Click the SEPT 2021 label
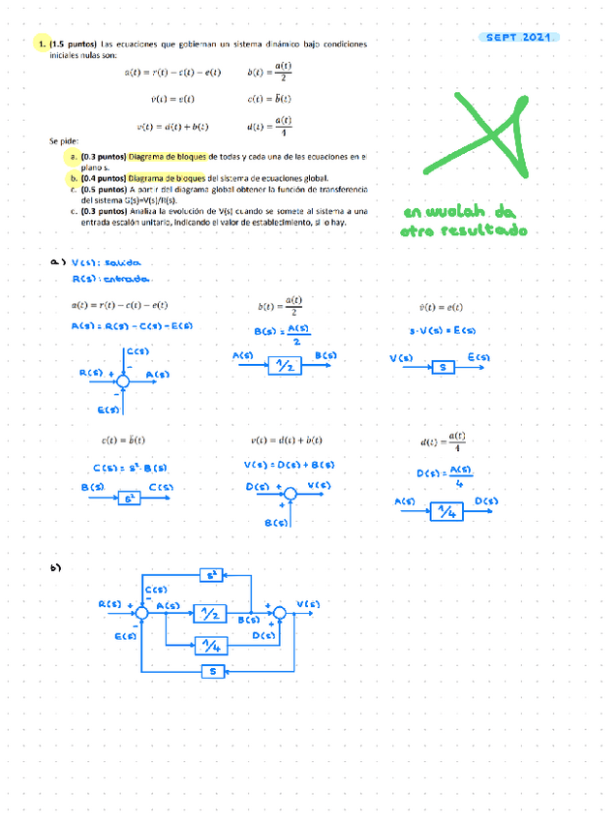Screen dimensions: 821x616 pyautogui.click(x=518, y=37)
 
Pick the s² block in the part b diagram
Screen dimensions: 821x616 pyautogui.click(x=210, y=575)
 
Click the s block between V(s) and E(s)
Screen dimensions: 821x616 pyautogui.click(x=442, y=368)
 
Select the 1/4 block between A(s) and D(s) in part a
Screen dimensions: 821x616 pyautogui.click(x=447, y=512)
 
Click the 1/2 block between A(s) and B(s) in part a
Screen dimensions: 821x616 pyautogui.click(x=285, y=367)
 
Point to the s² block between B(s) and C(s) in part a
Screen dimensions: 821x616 pyautogui.click(x=131, y=499)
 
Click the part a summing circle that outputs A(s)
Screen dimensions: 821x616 pyautogui.click(x=123, y=381)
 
